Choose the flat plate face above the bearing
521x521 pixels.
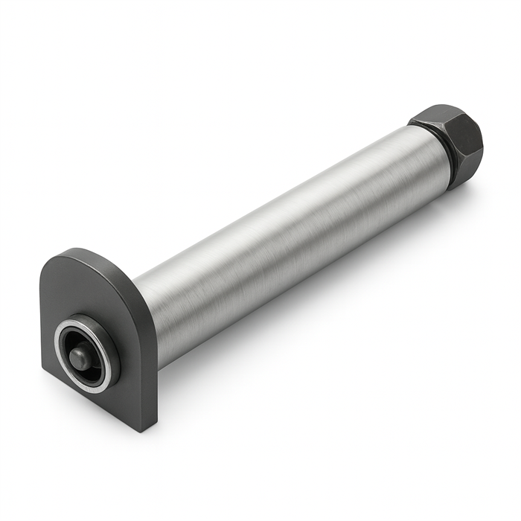point(74,290)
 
